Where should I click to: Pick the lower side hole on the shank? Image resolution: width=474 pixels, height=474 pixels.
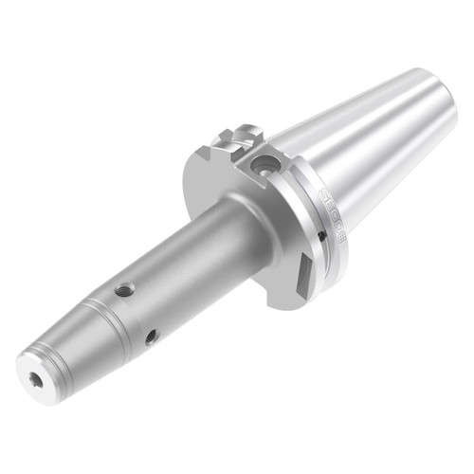pyautogui.click(x=151, y=335)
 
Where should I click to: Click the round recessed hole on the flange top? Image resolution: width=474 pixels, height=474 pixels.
pyautogui.click(x=263, y=167)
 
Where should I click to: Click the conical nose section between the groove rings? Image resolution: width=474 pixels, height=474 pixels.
pyautogui.click(x=71, y=337)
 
